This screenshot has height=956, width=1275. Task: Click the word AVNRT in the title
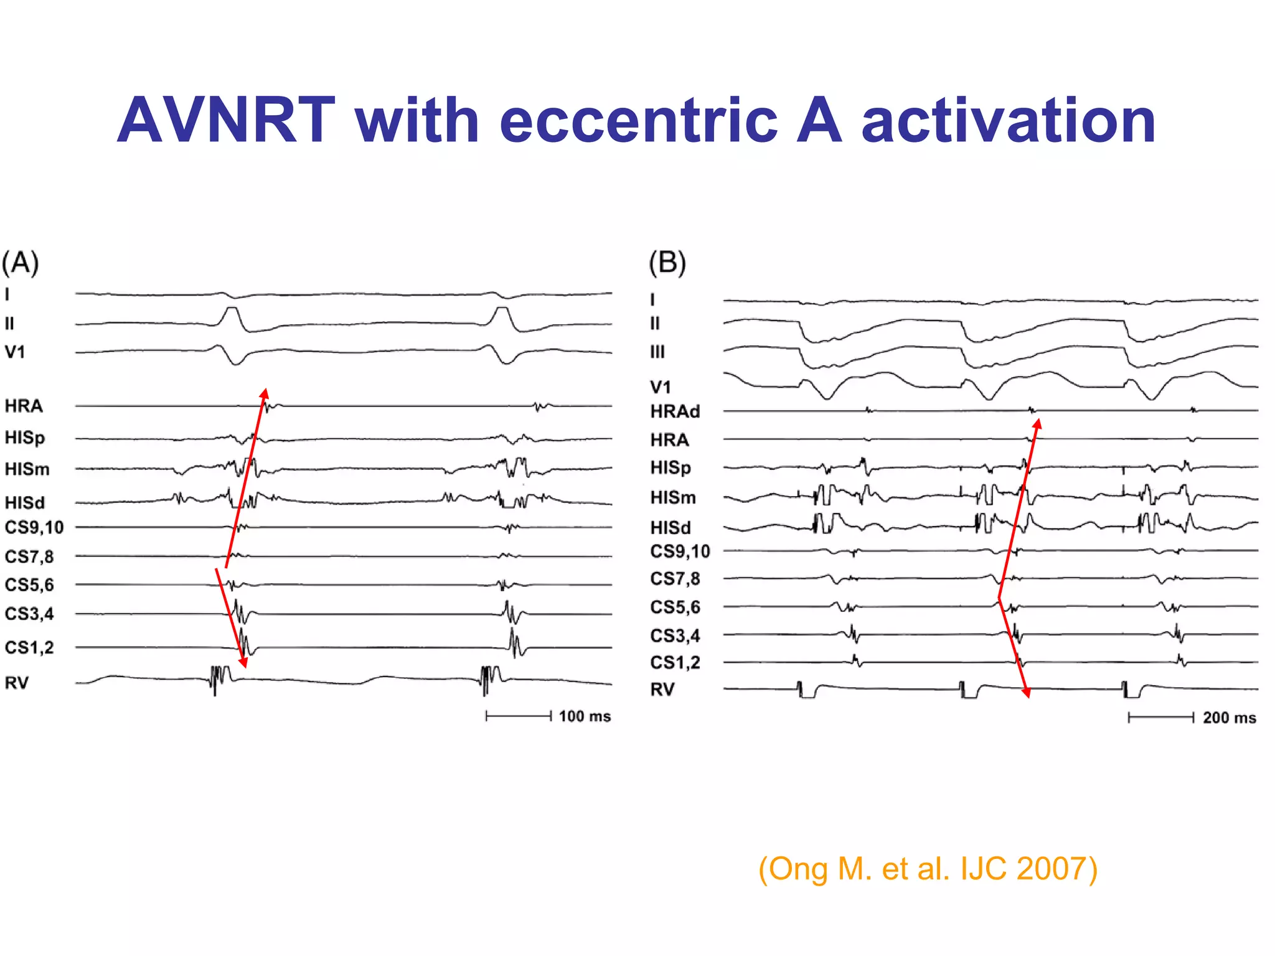pos(225,121)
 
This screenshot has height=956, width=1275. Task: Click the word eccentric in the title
pos(638,121)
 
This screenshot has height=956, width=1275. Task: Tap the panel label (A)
pos(21,263)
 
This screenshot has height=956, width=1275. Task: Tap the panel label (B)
pos(667,263)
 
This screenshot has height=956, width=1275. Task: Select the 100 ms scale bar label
pos(584,716)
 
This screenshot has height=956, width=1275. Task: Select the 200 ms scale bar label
pos(1229,718)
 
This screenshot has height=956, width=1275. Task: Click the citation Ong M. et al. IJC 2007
pos(928,868)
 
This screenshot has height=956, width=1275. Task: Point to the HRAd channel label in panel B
pos(675,411)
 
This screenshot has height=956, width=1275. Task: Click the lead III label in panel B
pos(657,352)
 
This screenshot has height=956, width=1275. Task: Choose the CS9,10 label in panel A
pos(34,528)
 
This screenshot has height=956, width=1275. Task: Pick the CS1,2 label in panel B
pos(675,663)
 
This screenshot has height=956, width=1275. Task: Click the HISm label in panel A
pos(27,469)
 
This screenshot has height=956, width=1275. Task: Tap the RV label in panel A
pos(17,683)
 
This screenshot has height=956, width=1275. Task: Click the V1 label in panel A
pos(15,352)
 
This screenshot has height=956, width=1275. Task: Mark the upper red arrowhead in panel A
pos(265,393)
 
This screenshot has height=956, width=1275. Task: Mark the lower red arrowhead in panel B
pos(1026,692)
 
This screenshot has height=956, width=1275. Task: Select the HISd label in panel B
pos(670,528)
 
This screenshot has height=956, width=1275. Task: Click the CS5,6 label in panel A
pos(29,585)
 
